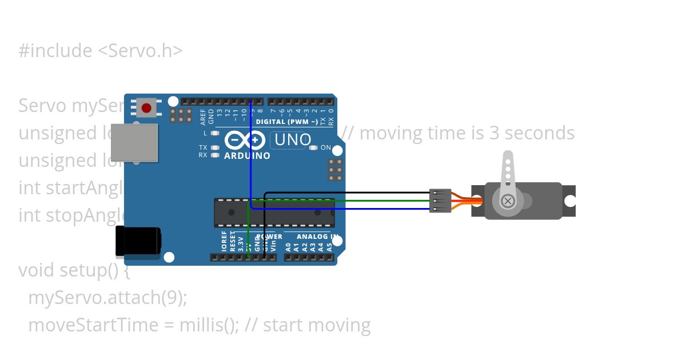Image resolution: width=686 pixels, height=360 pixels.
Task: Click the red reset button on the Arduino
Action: click(147, 107)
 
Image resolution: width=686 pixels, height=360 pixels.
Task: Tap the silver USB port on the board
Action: click(134, 142)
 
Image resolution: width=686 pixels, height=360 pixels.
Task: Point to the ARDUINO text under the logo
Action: click(247, 155)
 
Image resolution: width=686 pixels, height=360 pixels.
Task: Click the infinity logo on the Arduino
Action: click(244, 141)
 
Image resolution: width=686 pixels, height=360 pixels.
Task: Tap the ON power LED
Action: click(313, 147)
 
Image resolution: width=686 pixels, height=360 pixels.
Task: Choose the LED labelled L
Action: click(215, 133)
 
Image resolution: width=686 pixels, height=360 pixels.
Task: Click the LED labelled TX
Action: click(215, 147)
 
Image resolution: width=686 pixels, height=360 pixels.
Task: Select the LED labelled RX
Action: click(215, 155)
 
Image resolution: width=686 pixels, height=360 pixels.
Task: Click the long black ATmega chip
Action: click(274, 213)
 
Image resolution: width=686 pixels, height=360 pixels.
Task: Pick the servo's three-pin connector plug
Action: click(440, 201)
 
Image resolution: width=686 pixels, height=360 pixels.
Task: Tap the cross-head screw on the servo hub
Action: click(508, 201)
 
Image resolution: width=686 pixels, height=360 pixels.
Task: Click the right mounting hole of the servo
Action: click(570, 201)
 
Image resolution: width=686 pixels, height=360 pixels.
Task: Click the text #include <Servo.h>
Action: click(101, 51)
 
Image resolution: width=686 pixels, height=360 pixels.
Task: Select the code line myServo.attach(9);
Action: click(107, 298)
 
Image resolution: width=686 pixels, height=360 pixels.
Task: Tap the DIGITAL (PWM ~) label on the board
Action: click(287, 122)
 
